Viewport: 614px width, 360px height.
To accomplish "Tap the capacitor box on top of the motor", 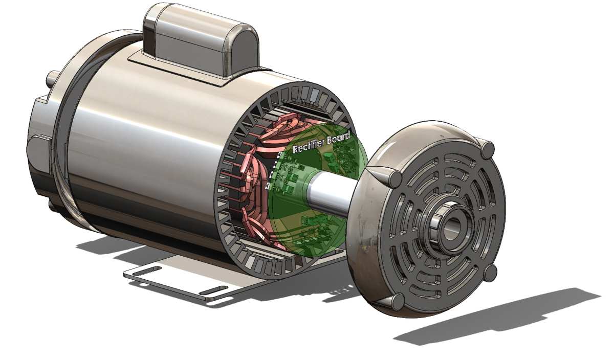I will (x=200, y=38).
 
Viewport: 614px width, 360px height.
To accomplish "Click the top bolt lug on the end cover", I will (x=488, y=150).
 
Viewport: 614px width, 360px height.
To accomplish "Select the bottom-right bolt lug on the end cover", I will (x=490, y=273).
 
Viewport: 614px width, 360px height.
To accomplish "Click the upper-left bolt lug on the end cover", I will (x=395, y=179).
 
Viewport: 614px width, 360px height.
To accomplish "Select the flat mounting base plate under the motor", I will (x=179, y=281).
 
